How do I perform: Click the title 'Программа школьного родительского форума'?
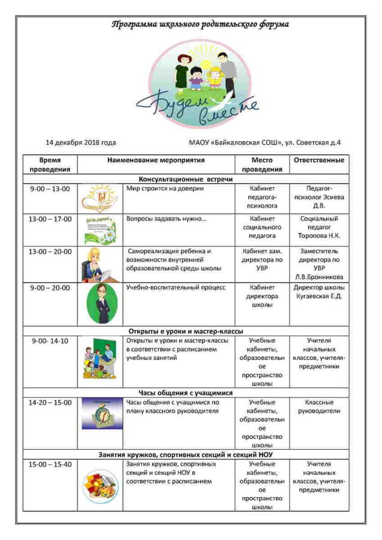point(200,24)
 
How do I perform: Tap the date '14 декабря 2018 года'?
point(80,142)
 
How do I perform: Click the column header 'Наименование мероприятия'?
point(156,160)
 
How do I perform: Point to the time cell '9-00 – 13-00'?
point(50,189)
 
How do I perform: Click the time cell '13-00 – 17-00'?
point(50,219)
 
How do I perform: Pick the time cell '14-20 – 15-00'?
point(50,403)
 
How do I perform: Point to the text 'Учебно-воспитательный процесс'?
point(175,288)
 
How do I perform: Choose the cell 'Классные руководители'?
point(319,407)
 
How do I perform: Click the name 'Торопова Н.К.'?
point(319,236)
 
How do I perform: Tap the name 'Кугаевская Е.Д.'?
point(319,296)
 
